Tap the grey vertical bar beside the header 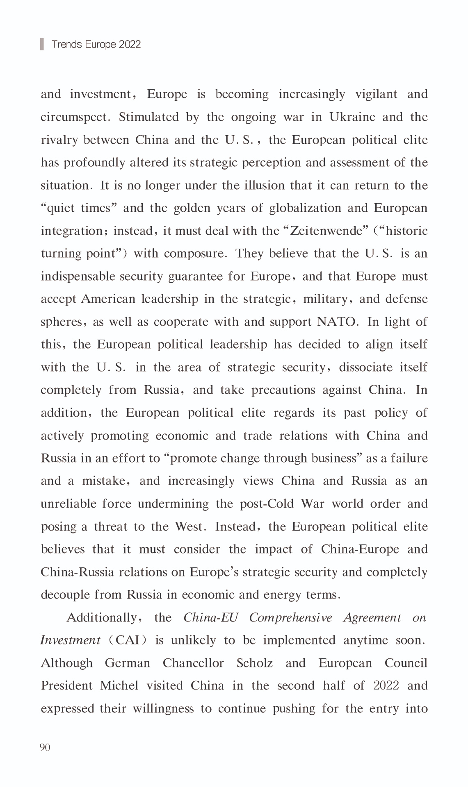point(42,44)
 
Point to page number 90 point(45,747)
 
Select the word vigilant point(376,94)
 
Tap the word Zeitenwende point(326,231)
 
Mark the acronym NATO point(336,322)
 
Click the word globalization point(305,208)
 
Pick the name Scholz point(254,663)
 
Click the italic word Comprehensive point(290,617)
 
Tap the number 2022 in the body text point(386,685)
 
